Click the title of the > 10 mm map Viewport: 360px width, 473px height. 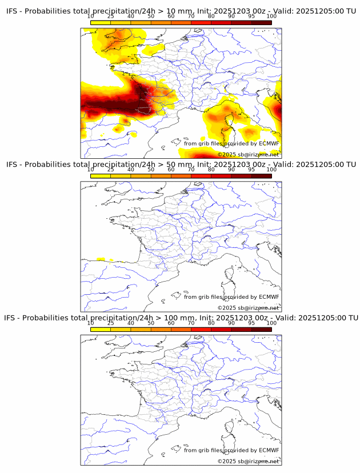click(x=181, y=11)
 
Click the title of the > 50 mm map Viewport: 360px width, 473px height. click(x=181, y=165)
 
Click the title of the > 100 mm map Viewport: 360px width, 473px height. click(x=181, y=318)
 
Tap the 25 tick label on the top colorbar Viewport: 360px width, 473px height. click(x=111, y=16)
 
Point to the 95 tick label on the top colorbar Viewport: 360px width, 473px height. click(x=251, y=16)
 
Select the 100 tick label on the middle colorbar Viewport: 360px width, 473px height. click(x=271, y=170)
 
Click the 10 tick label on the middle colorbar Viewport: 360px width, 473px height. click(x=91, y=170)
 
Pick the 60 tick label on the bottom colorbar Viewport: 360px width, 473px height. click(x=171, y=323)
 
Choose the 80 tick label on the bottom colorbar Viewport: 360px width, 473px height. click(x=211, y=323)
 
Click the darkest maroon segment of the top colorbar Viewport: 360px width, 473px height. click(x=261, y=22)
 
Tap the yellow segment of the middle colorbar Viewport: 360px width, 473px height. click(x=101, y=176)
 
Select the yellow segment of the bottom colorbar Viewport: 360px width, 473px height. click(x=101, y=329)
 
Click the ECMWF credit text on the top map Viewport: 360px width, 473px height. click(x=231, y=143)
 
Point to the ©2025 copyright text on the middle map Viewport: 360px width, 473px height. click(x=248, y=308)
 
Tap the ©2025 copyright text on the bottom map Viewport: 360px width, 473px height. click(x=248, y=461)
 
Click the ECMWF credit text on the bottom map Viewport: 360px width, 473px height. click(x=231, y=450)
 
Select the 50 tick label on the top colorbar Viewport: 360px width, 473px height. click(x=151, y=16)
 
